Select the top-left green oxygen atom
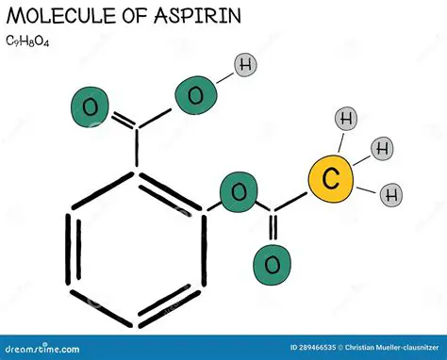[91, 106]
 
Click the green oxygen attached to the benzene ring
[240, 193]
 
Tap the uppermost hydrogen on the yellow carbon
[346, 119]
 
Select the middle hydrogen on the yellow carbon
[382, 148]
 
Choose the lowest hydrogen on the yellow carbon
[389, 195]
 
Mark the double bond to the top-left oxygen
[118, 118]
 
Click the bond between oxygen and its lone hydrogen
[224, 78]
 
